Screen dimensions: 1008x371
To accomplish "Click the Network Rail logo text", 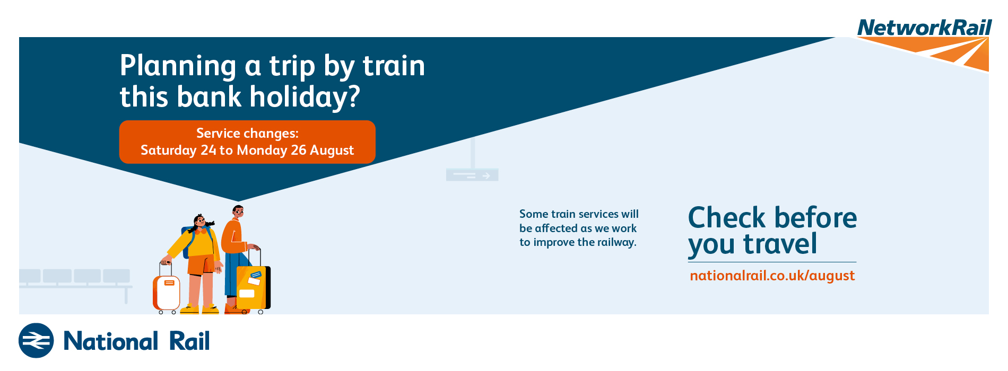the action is point(924,28).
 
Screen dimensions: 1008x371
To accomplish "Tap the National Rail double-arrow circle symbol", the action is point(36,340).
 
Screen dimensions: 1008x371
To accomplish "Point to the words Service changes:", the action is point(247,134).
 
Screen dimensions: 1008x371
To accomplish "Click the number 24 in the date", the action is point(208,150).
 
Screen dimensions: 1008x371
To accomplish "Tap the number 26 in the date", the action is point(299,150).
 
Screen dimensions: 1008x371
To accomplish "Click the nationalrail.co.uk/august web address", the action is point(772,276).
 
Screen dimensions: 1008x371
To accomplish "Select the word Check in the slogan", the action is point(727,218).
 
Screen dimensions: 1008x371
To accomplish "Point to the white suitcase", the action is point(167,291).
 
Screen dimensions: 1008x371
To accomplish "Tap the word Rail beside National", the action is point(189,341).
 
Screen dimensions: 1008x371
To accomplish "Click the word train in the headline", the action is point(394,66).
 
